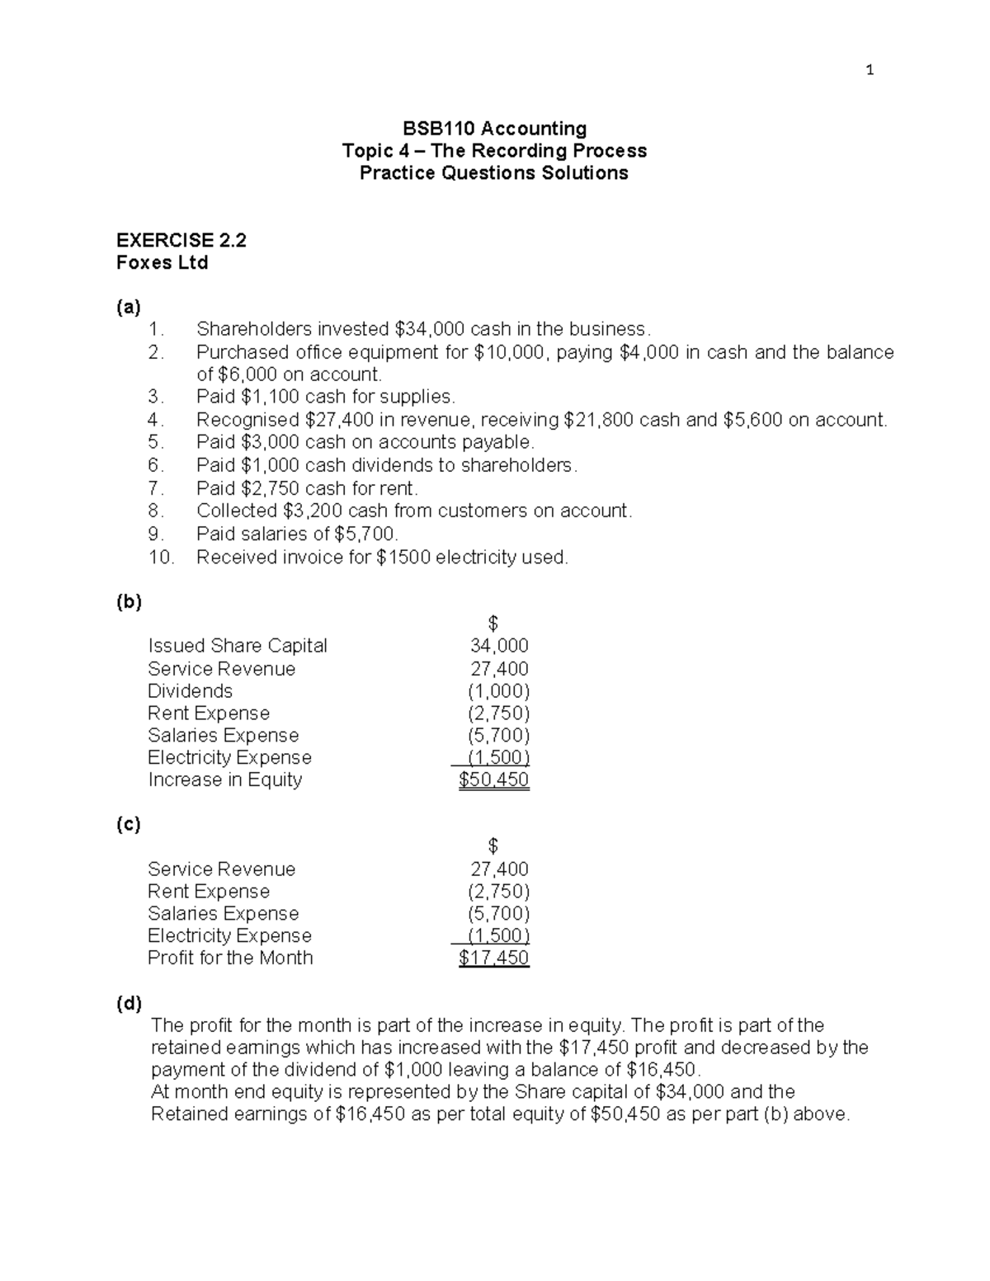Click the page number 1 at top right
click(870, 70)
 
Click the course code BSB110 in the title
click(439, 129)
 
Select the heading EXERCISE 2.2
click(181, 240)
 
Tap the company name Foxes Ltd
click(162, 263)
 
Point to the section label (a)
click(129, 307)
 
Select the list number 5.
click(155, 442)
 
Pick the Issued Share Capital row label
click(238, 646)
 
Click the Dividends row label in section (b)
click(190, 691)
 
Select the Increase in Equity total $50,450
click(493, 780)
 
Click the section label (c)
click(129, 824)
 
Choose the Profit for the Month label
click(230, 958)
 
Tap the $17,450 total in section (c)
click(493, 958)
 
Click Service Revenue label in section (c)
click(221, 869)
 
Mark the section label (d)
click(129, 1003)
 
